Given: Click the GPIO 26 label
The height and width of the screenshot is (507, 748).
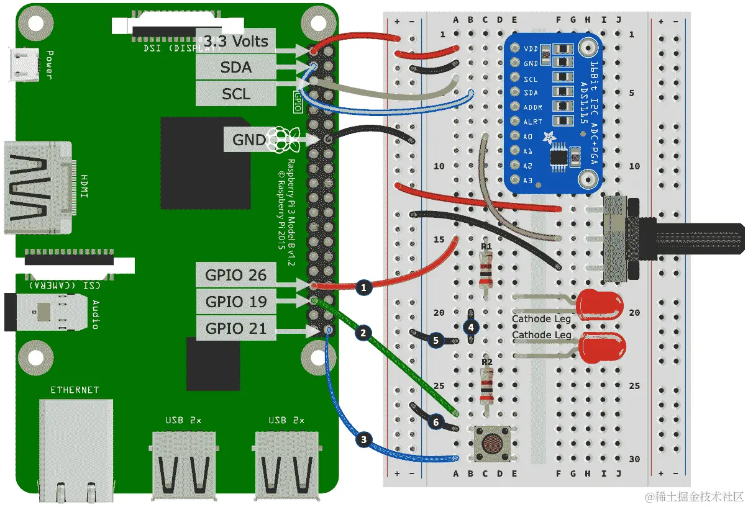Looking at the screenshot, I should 236,275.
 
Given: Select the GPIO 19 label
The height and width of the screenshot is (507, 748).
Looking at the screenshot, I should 236,302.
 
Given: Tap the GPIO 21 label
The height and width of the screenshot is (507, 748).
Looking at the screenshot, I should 236,328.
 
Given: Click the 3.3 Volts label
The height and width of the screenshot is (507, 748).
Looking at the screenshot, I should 236,42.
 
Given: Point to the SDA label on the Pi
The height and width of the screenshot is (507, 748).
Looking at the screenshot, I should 236,68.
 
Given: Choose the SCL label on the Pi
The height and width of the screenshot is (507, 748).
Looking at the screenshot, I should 236,94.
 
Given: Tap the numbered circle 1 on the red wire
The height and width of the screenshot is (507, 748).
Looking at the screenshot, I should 364,287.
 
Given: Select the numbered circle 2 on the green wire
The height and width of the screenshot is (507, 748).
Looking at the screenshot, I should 364,333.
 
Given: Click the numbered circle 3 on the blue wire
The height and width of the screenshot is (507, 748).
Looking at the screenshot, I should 364,441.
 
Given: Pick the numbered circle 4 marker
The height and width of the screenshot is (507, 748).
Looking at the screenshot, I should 472,326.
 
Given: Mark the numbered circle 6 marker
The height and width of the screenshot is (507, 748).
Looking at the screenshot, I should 436,422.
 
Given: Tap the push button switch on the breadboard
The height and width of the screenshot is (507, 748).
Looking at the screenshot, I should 492,444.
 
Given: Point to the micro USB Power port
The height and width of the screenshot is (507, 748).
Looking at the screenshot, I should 25,64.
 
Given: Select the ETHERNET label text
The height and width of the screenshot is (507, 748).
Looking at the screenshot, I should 75,390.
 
